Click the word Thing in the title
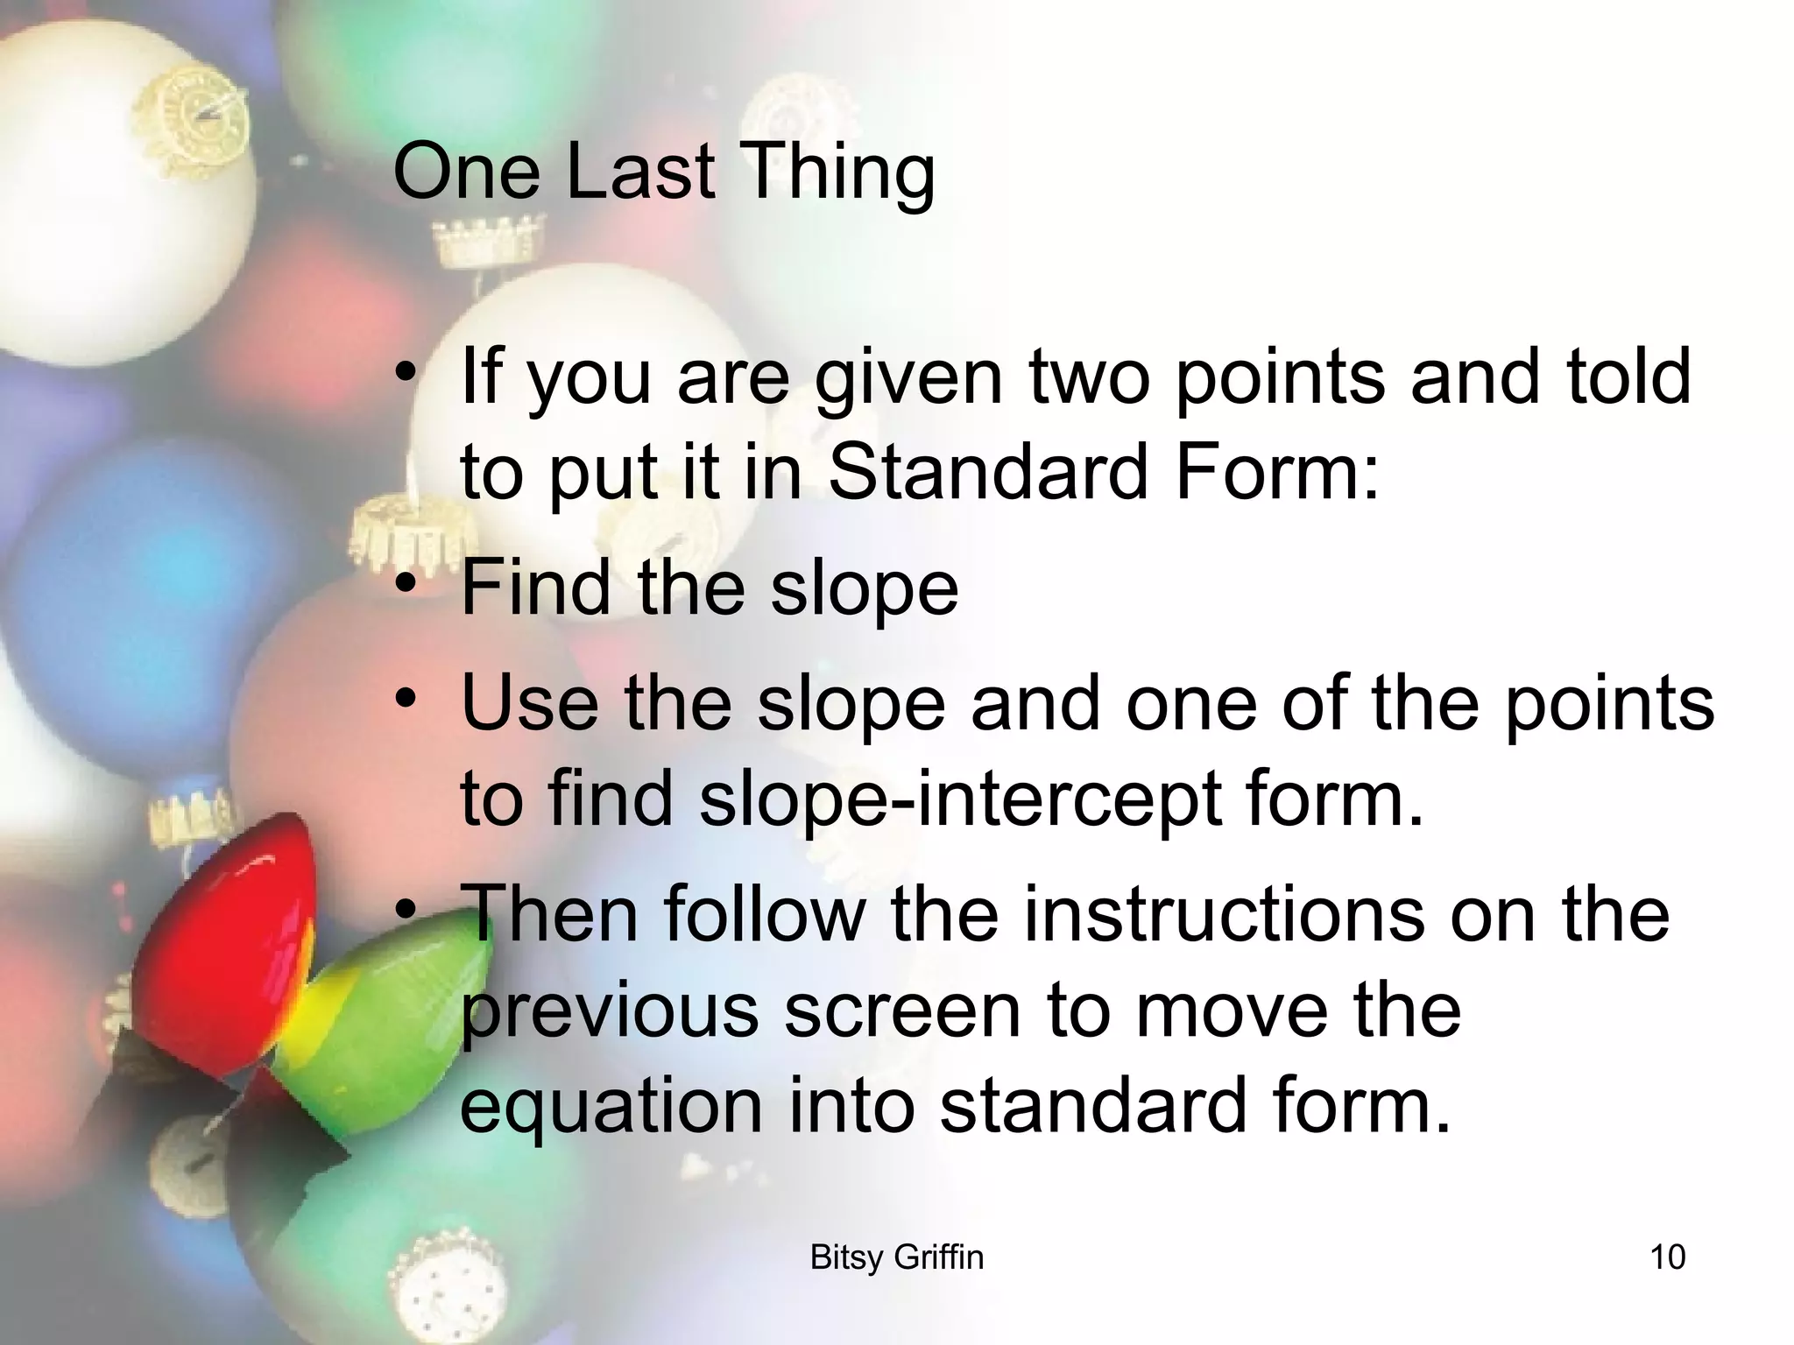838,173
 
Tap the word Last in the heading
640,171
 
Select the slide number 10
1667,1257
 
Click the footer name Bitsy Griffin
897,1257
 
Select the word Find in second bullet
535,588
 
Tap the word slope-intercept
960,799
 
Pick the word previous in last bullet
609,1011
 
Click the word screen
902,1011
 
